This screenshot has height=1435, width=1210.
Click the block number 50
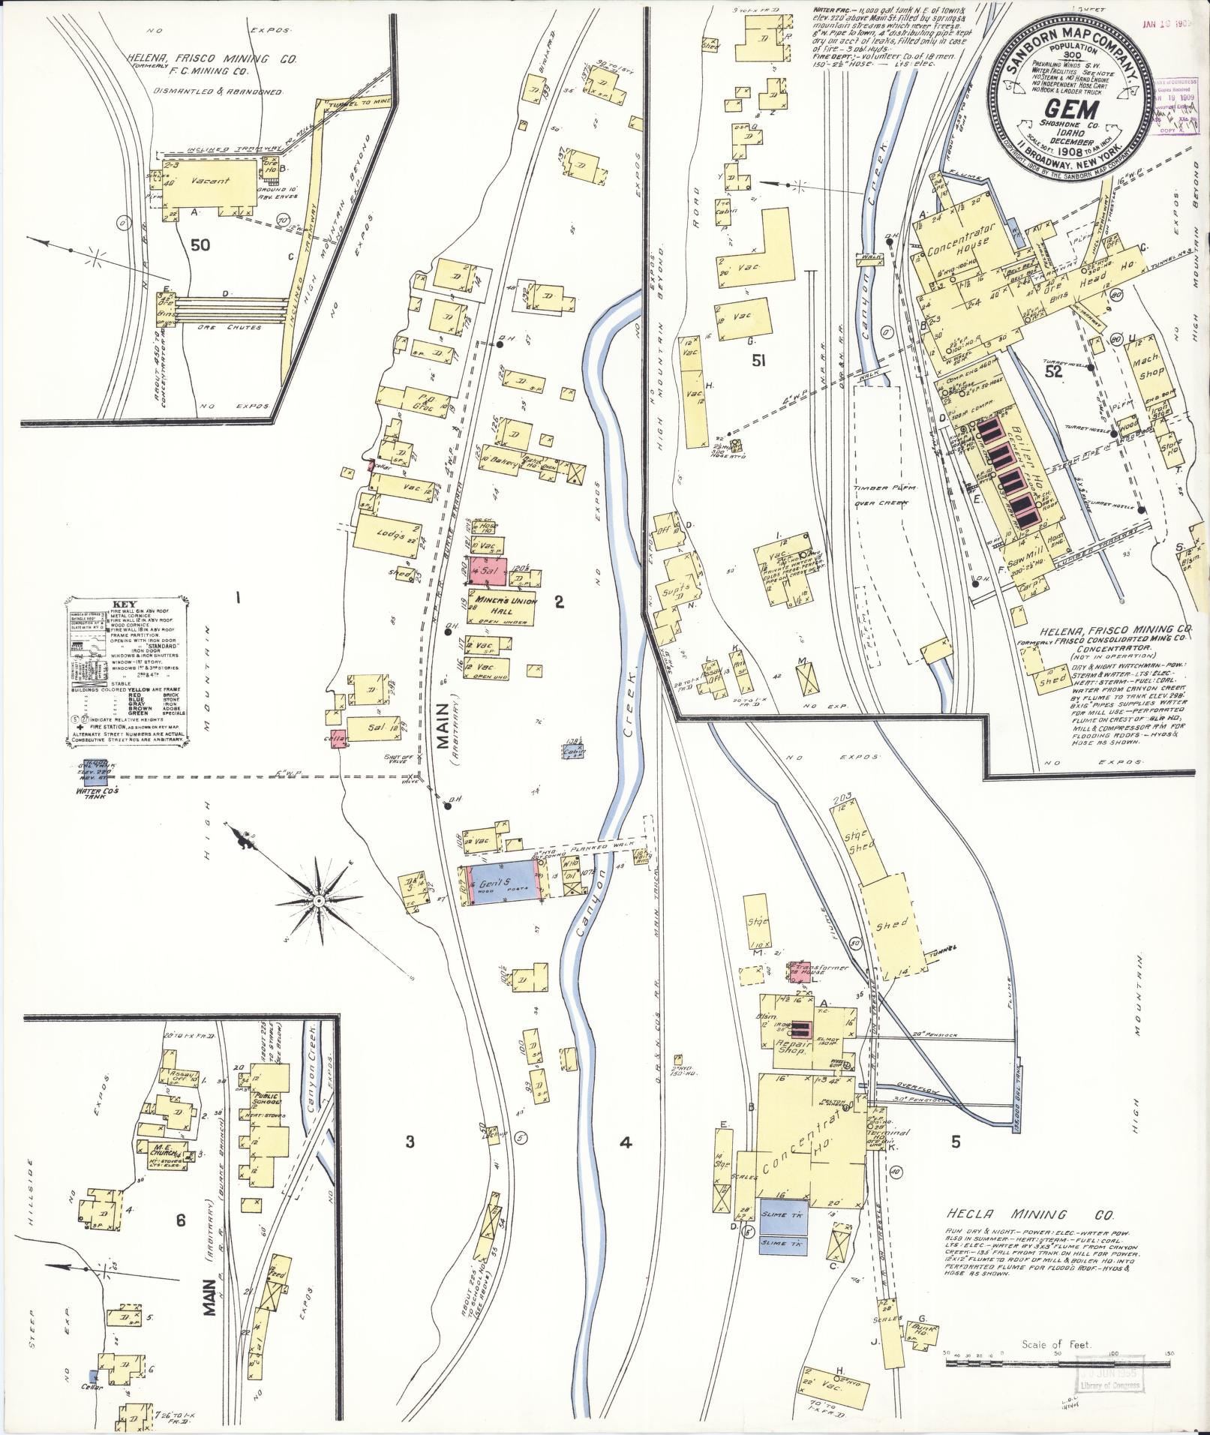click(200, 244)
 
